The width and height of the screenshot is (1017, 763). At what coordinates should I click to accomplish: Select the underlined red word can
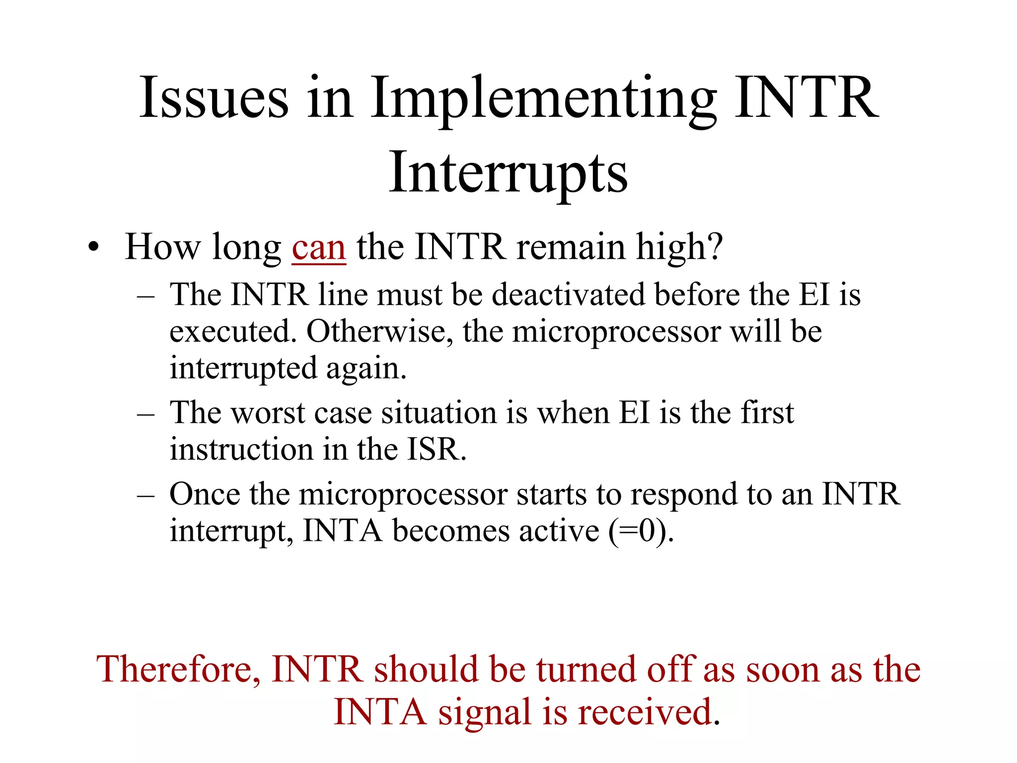click(318, 248)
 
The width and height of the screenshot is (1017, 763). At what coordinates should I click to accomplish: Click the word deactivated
click(569, 295)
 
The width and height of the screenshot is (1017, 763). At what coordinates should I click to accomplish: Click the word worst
click(268, 413)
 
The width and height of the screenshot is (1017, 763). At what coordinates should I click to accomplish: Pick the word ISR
click(436, 450)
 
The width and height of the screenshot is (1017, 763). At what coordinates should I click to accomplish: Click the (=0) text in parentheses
click(641, 531)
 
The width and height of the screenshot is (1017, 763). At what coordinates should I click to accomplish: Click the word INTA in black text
click(342, 531)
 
